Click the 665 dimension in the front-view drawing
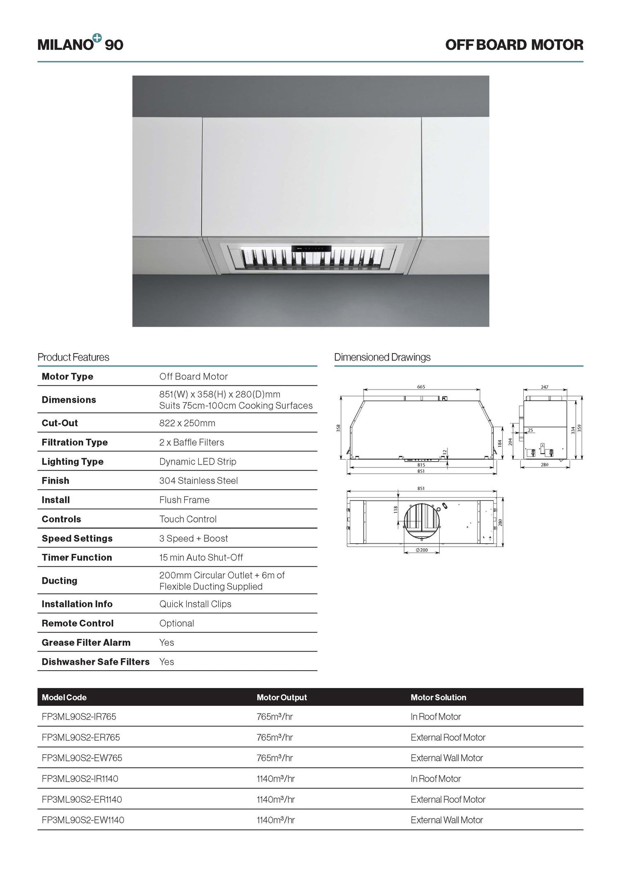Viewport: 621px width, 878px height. [x=421, y=387]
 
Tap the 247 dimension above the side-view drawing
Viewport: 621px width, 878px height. [x=544, y=387]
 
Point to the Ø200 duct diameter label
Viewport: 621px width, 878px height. [x=421, y=550]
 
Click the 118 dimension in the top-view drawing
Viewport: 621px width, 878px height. [x=396, y=510]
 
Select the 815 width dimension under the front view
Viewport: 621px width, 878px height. [x=421, y=465]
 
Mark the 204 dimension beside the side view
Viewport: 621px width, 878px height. [x=510, y=442]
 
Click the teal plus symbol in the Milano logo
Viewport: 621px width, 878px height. [x=97, y=38]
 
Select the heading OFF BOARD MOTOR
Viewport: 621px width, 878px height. [x=514, y=45]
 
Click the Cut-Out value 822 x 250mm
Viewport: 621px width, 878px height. [x=187, y=423]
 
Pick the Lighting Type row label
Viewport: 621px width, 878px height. [x=72, y=462]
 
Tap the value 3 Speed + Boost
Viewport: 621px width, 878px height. [x=193, y=538]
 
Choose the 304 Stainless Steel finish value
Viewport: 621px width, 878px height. [x=198, y=481]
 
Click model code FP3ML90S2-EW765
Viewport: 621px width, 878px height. [x=82, y=758]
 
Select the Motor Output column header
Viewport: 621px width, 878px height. [x=282, y=698]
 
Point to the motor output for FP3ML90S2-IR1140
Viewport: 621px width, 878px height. [x=275, y=779]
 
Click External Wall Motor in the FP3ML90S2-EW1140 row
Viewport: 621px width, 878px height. [x=447, y=820]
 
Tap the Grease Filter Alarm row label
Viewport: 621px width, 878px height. [x=86, y=642]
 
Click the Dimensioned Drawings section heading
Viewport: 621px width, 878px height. [x=382, y=357]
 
